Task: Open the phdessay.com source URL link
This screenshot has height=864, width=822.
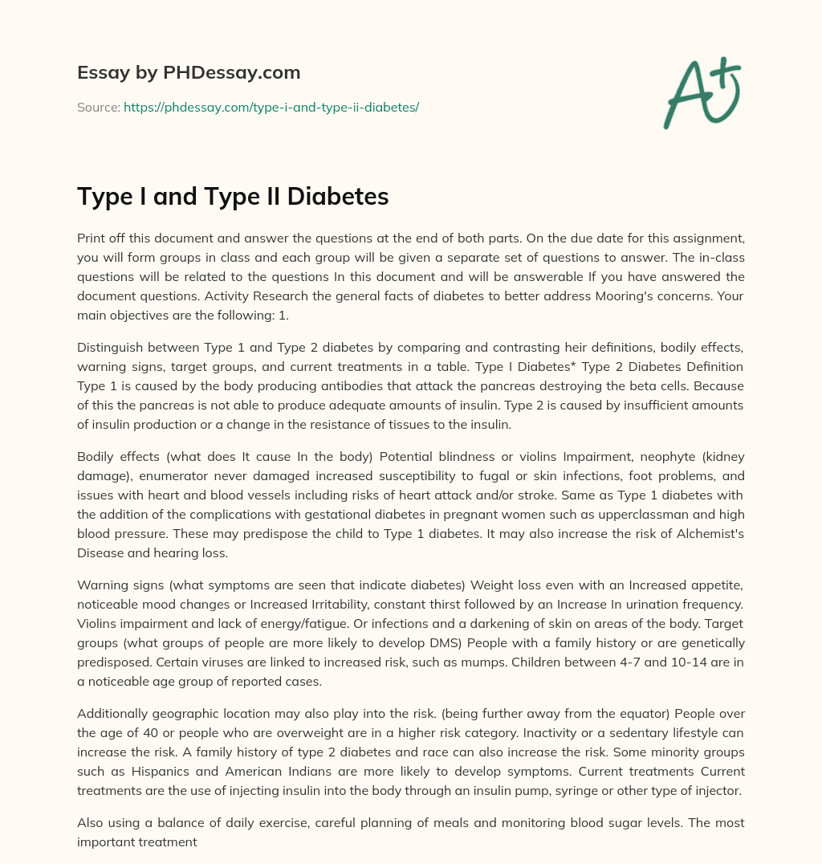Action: click(x=271, y=107)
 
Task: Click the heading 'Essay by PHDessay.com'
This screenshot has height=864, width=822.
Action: click(x=189, y=73)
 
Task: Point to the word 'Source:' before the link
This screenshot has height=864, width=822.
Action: click(x=98, y=107)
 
